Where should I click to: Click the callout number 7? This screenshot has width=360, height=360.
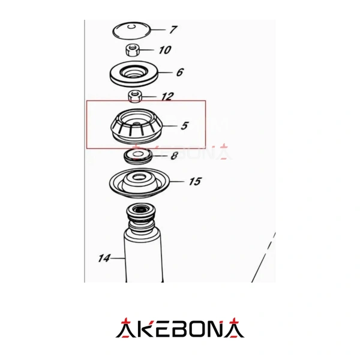(173, 29)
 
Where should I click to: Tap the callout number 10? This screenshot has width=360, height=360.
(165, 50)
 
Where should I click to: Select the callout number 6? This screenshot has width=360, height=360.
(180, 72)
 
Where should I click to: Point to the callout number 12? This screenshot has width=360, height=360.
(167, 97)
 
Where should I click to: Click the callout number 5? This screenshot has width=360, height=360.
(185, 125)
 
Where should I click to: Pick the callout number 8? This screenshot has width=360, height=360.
(174, 155)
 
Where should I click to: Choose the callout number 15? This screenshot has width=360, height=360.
(195, 181)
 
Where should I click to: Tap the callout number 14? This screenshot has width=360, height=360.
(104, 258)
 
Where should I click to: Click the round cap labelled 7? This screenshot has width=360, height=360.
(131, 31)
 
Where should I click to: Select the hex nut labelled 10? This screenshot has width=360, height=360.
(133, 50)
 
